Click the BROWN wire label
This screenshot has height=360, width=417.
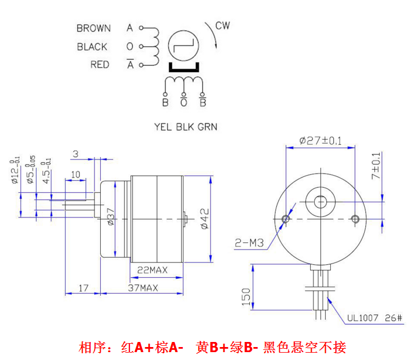(93, 28)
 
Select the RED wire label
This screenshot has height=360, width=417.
(100, 65)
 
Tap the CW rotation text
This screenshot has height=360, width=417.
(223, 26)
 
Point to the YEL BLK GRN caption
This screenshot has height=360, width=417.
(185, 127)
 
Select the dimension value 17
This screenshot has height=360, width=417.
(83, 288)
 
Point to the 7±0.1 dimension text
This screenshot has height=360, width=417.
(376, 166)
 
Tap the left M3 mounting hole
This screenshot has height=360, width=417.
(286, 219)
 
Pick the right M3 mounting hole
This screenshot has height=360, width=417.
(355, 219)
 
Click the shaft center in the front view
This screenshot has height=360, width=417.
(321, 201)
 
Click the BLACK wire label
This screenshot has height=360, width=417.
(92, 47)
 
